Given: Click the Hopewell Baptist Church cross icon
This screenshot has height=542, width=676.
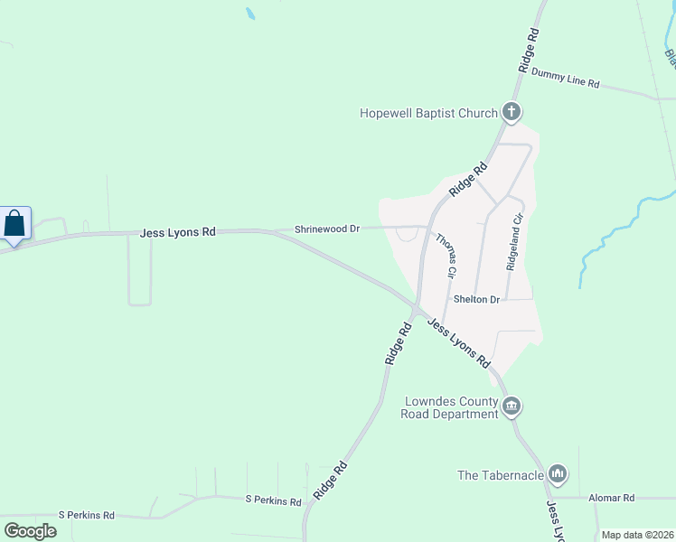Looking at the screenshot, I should pyautogui.click(x=512, y=113).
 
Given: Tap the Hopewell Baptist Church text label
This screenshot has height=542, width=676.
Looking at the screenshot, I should pyautogui.click(x=428, y=113).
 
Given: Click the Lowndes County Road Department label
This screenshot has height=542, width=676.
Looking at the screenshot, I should pyautogui.click(x=450, y=407).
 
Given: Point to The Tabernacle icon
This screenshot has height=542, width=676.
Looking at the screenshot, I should pyautogui.click(x=558, y=473).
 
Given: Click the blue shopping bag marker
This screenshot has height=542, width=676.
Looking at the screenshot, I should pyautogui.click(x=15, y=224).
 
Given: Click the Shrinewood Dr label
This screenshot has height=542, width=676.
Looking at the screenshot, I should pyautogui.click(x=327, y=229).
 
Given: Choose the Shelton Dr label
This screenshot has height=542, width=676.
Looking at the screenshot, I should pyautogui.click(x=476, y=299).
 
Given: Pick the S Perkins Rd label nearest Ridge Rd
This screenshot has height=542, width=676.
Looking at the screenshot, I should pyautogui.click(x=274, y=499).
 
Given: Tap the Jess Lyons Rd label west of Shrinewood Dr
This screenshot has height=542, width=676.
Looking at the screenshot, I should pyautogui.click(x=178, y=232).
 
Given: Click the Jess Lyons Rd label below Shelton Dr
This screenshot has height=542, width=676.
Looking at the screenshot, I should pyautogui.click(x=458, y=341).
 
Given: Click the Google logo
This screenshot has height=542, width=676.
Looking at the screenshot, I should pyautogui.click(x=31, y=531).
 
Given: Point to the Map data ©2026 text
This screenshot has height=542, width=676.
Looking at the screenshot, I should pyautogui.click(x=637, y=535).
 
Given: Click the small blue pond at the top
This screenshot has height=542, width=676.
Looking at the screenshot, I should pyautogui.click(x=250, y=14).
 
